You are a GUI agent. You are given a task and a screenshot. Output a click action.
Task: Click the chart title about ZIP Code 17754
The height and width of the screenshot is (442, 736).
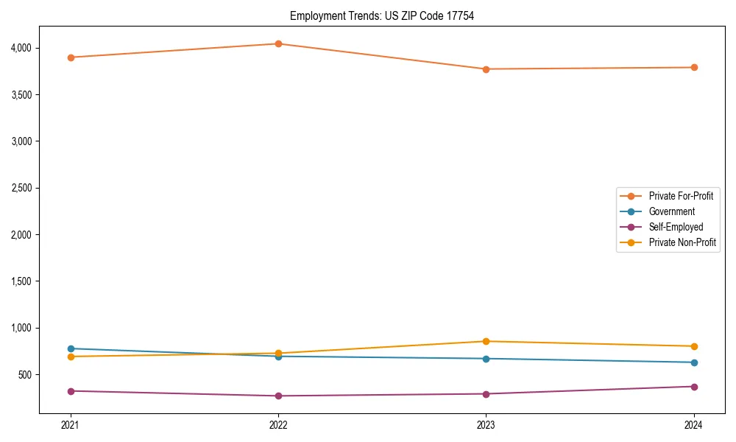[x=381, y=15]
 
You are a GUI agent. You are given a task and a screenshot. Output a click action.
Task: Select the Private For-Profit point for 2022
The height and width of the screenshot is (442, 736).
[x=278, y=43]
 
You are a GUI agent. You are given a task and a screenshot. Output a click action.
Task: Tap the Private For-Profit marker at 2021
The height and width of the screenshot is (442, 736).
[x=71, y=57]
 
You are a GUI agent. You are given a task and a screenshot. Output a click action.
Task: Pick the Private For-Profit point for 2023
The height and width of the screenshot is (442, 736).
[x=486, y=69]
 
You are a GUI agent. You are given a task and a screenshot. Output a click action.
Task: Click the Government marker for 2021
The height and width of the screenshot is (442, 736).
[x=71, y=348]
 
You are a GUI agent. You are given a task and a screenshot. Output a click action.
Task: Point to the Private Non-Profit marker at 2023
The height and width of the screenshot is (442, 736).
[x=486, y=341]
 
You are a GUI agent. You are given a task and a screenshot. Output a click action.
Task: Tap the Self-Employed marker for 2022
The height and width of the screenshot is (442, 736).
[x=278, y=396]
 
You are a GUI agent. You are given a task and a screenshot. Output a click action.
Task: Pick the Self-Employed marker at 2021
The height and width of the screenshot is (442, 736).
[x=71, y=391]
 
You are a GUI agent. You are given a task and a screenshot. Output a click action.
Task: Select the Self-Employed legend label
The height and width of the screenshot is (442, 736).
[x=676, y=227]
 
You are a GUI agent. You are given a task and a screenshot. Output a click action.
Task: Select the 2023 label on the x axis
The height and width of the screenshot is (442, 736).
[x=486, y=425]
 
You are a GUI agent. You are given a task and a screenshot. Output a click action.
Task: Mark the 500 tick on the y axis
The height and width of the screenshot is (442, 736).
[x=24, y=374]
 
